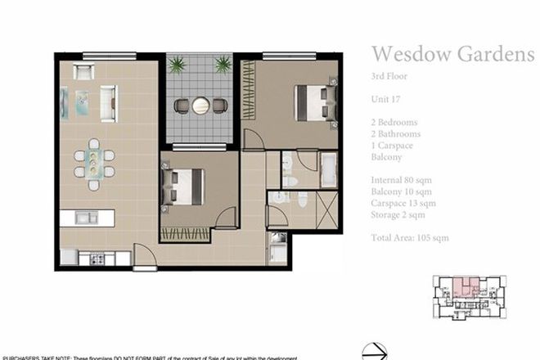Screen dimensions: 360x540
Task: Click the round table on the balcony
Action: pyautogui.click(x=200, y=105)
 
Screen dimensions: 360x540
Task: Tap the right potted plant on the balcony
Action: pyautogui.click(x=222, y=65)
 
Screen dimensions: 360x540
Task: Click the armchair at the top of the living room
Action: pyautogui.click(x=84, y=71)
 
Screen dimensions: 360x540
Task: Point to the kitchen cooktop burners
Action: pyautogui.click(x=96, y=259)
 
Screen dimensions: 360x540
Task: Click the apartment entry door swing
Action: pyautogui.click(x=145, y=254)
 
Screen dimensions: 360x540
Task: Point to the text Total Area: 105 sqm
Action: pyautogui.click(x=410, y=238)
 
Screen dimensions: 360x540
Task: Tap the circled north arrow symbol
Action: pyautogui.click(x=374, y=351)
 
